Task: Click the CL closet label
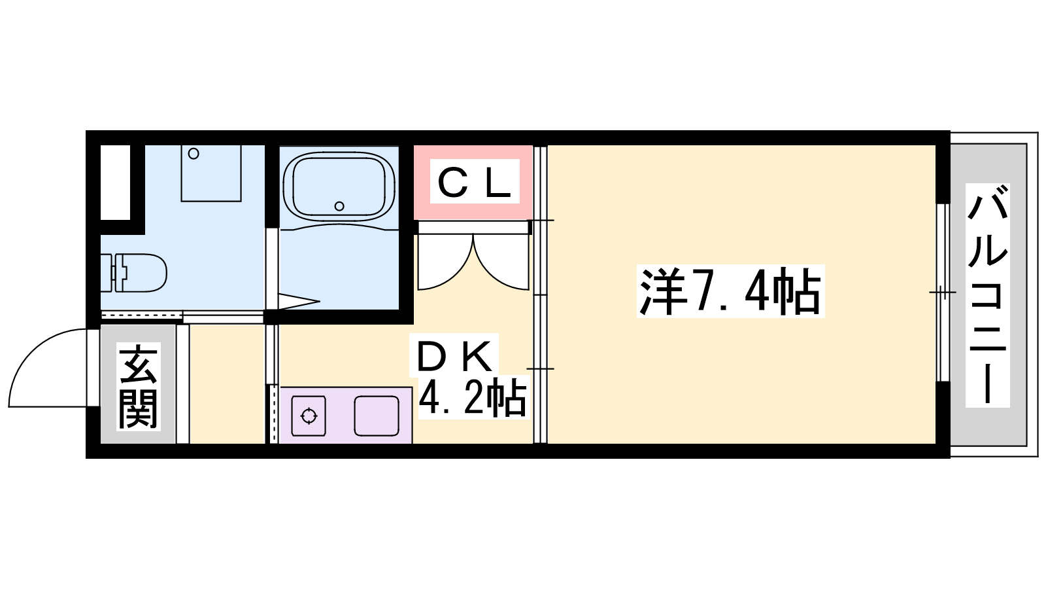click(475, 181)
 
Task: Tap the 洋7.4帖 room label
click(730, 291)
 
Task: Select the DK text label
click(454, 356)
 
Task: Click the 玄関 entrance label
click(138, 387)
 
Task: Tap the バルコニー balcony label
click(987, 295)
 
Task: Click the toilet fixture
click(133, 272)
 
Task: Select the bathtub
click(339, 187)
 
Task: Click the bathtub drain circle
click(339, 205)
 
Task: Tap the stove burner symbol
click(309, 416)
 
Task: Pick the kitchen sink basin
click(377, 416)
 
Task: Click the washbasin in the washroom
click(211, 173)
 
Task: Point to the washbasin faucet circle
click(194, 153)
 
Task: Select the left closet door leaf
click(445, 262)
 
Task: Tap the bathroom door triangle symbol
click(299, 301)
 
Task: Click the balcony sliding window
click(943, 293)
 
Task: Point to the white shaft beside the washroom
click(115, 183)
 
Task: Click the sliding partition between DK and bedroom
click(540, 294)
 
